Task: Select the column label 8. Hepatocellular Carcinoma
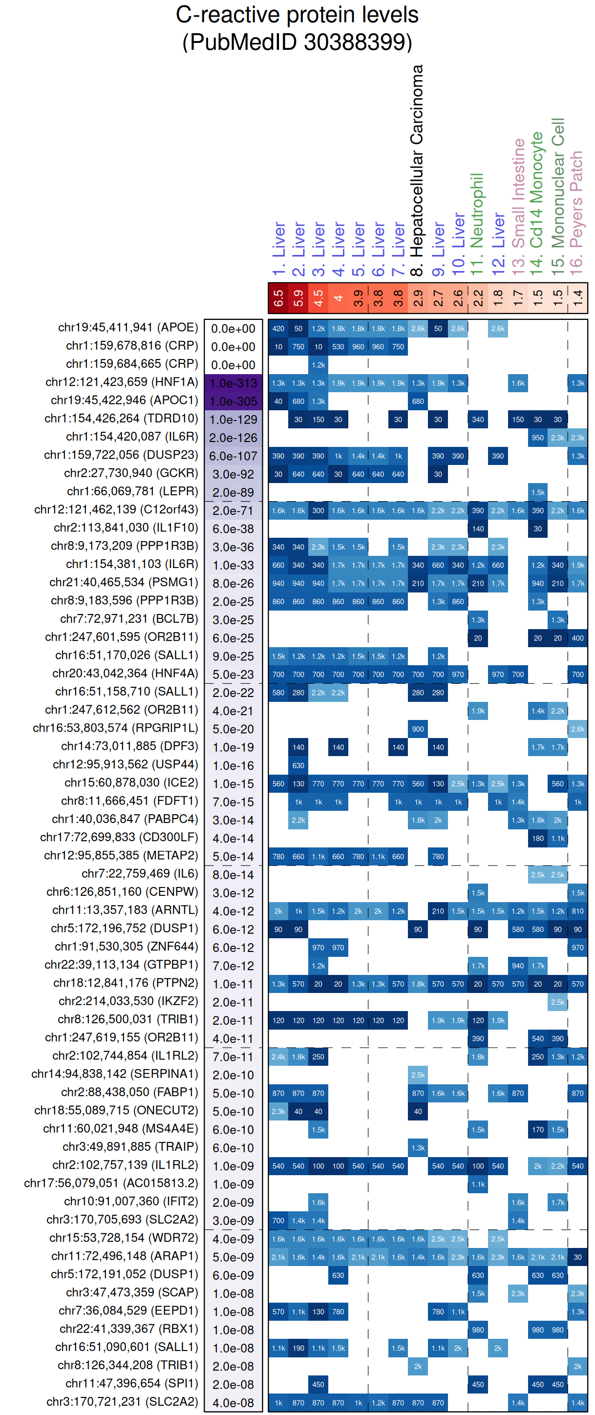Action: tap(418, 170)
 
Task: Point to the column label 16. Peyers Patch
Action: tap(576, 210)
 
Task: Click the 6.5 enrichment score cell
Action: tap(278, 298)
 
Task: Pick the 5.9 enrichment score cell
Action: tap(298, 298)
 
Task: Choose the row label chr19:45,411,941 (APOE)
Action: tap(127, 328)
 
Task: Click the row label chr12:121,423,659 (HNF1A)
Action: tap(122, 382)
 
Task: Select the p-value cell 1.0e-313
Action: tap(234, 383)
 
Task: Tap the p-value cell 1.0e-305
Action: tap(234, 401)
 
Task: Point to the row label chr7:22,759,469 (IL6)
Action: tap(140, 874)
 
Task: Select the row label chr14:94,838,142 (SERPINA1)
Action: tap(114, 1074)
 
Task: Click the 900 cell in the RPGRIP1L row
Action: tap(418, 729)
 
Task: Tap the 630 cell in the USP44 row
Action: tap(298, 766)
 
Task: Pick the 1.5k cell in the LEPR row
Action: tap(538, 493)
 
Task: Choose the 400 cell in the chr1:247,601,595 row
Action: tap(577, 638)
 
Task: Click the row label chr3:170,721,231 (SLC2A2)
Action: tap(122, 1401)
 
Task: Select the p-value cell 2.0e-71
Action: tap(234, 511)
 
